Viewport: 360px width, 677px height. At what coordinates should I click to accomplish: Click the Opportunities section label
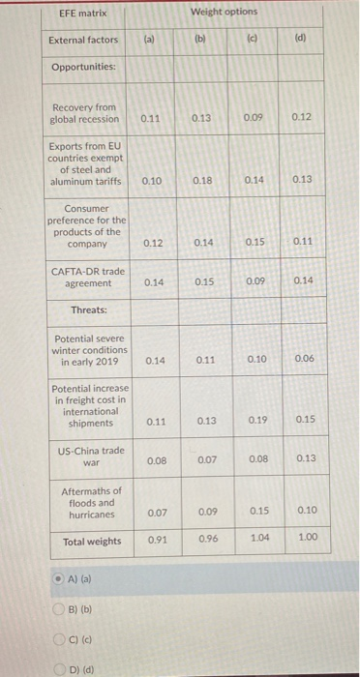(x=83, y=67)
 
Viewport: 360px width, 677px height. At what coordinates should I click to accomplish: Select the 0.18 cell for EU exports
(x=202, y=180)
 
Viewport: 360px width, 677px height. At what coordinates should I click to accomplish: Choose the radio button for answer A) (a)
(x=59, y=577)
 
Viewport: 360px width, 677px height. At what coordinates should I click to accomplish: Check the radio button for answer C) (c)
(x=59, y=638)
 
